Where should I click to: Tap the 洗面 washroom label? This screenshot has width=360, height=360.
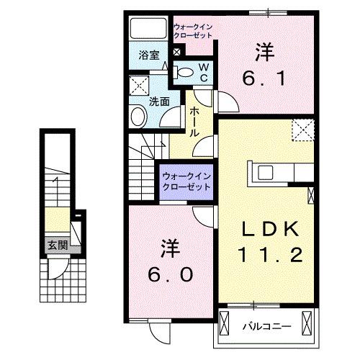point(159,102)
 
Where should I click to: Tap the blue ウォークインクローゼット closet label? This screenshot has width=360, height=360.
point(186,180)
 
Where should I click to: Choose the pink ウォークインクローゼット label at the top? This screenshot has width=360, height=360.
point(193,32)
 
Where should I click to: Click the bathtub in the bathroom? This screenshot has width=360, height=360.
point(148,30)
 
